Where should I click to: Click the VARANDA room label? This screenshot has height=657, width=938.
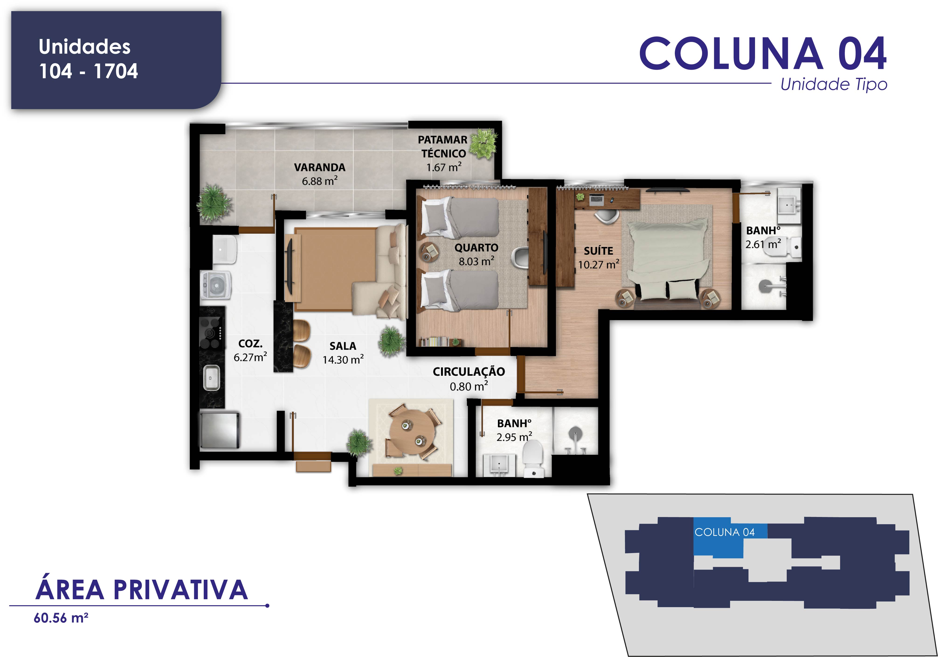pos(320,168)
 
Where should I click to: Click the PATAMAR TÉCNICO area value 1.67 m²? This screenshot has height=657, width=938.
pos(444,167)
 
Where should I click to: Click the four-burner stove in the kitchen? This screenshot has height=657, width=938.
pos(212,333)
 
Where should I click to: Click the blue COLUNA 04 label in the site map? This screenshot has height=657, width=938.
pos(724,532)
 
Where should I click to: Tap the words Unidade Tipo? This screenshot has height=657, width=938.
pos(834,85)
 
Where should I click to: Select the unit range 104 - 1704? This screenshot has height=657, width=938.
pos(88,71)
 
